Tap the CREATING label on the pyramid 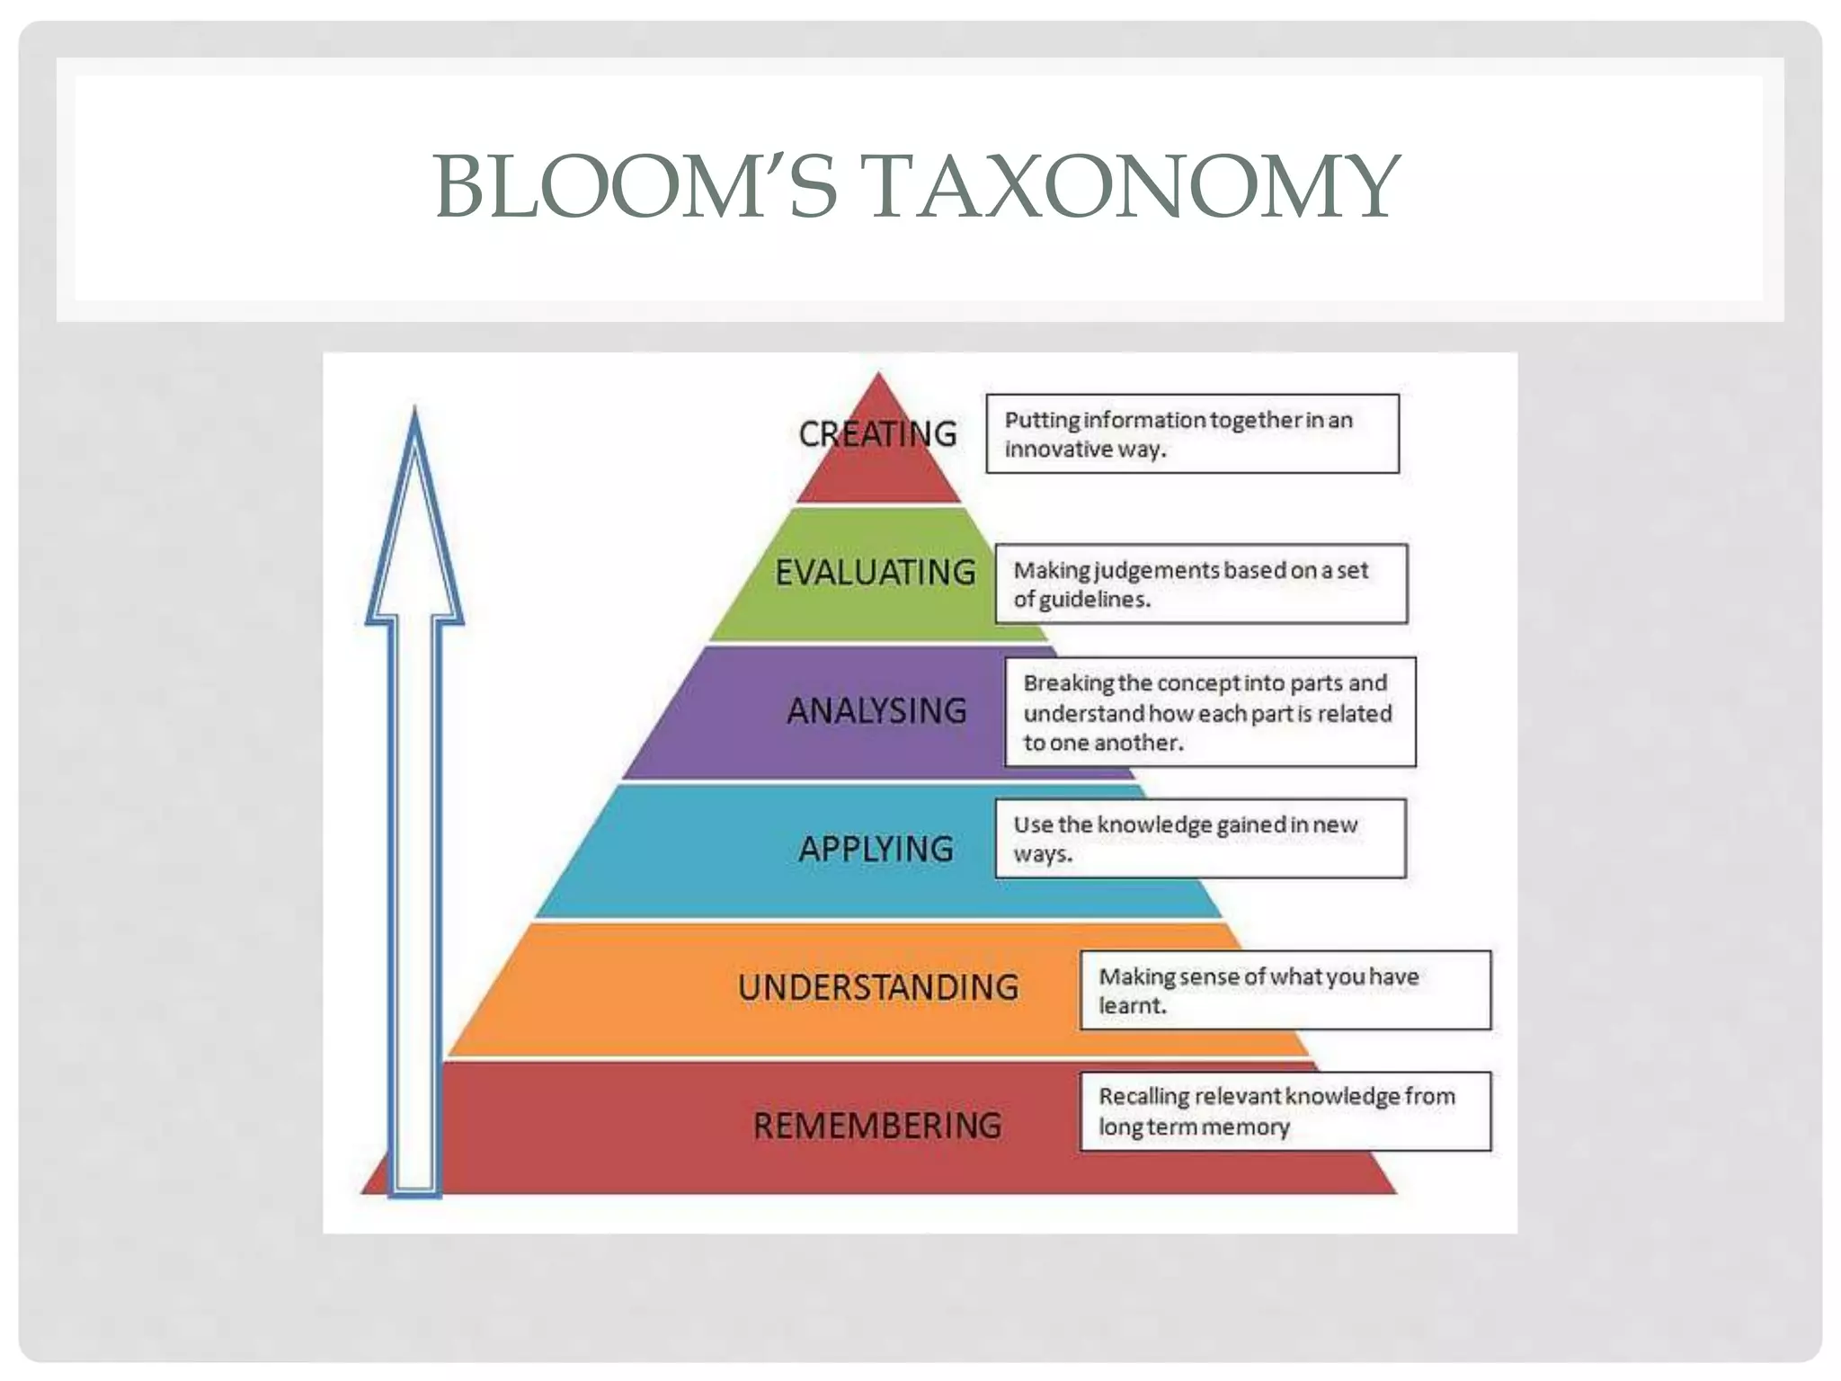coord(877,434)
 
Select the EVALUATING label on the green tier coord(876,573)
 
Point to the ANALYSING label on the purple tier coord(876,711)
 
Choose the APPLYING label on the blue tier coord(876,849)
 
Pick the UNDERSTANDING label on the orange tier coord(878,987)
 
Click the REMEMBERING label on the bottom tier coord(877,1126)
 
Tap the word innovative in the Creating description coord(1057,450)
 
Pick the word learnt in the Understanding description coord(1130,1006)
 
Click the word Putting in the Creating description coord(1042,421)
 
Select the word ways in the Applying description coord(1040,854)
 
